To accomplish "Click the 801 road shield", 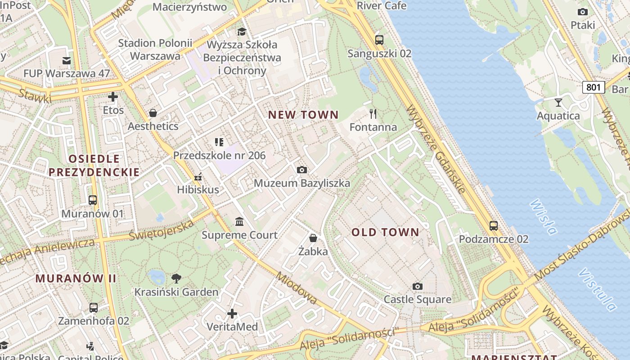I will (x=593, y=87).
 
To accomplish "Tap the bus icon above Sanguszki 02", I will (x=379, y=40).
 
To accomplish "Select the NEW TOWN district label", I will (x=303, y=115).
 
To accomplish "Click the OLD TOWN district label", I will (x=385, y=232).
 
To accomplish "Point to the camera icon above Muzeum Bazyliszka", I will (x=302, y=170).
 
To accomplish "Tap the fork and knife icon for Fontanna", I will (x=373, y=113).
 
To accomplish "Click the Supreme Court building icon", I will (x=239, y=221).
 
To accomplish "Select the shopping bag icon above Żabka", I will (x=313, y=238).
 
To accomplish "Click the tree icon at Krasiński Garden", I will (x=176, y=278).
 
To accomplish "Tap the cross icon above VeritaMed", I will (x=232, y=313).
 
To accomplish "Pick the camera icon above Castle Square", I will (x=418, y=286).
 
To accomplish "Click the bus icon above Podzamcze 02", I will (x=494, y=225).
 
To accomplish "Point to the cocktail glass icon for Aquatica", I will (x=558, y=102).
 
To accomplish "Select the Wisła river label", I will (x=543, y=217).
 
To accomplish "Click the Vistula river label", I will (x=597, y=290).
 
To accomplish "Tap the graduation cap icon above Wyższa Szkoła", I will (x=242, y=31).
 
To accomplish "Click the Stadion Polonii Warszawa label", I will (x=155, y=49).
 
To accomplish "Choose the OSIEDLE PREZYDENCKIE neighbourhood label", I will (x=94, y=165).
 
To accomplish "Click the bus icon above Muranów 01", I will (x=93, y=200).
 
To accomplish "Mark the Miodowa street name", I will (x=297, y=288).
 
